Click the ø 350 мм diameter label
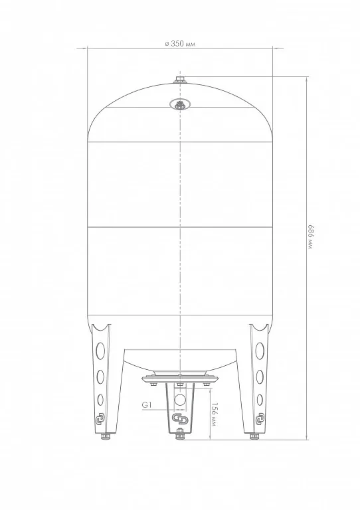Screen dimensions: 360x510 (180, 44)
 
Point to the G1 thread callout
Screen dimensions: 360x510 (147, 405)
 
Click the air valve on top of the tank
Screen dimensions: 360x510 (180, 80)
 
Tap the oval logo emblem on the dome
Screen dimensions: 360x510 (180, 105)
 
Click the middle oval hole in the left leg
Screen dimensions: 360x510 (100, 377)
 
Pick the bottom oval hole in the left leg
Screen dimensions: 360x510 (100, 400)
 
